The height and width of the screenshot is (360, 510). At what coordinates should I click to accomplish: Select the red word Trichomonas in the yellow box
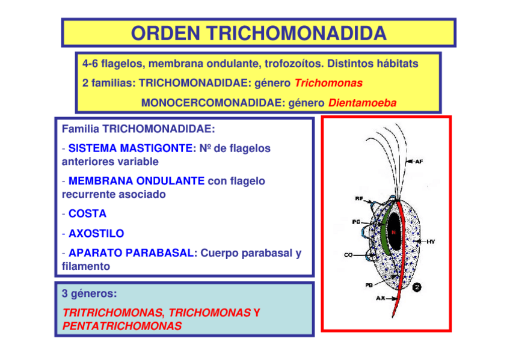328,83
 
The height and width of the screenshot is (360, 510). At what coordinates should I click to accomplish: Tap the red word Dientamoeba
362,103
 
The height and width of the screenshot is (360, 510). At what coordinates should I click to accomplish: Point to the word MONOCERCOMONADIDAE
212,103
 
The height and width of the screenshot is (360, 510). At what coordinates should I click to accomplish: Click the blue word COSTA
87,213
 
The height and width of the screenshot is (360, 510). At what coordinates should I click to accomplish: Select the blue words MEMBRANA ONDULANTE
137,181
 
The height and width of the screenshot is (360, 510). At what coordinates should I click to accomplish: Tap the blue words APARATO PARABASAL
132,253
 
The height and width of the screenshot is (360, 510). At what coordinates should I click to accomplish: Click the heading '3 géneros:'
90,294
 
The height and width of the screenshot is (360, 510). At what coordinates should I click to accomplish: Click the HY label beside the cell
431,241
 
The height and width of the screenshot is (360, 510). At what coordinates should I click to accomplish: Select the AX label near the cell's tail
380,298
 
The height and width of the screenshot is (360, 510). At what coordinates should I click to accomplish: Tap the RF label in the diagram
358,198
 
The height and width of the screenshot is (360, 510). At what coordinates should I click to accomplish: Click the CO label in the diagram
348,255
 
